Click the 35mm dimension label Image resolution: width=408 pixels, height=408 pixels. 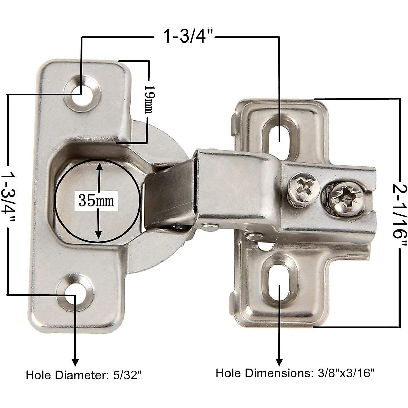point(96,201)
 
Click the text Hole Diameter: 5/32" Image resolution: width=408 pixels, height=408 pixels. point(84,375)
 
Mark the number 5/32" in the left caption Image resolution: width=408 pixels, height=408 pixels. point(126,375)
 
